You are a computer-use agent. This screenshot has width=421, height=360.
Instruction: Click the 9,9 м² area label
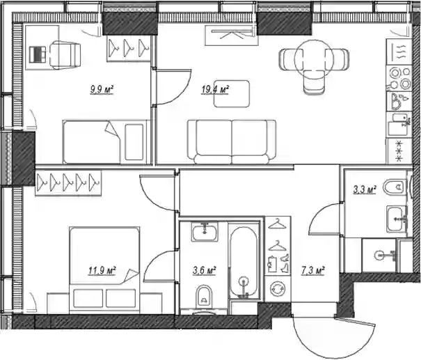102,89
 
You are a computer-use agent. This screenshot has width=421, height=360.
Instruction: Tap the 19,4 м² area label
215,89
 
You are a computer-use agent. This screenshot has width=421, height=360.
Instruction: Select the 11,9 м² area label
102,271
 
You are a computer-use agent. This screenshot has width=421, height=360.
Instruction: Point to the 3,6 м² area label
205,271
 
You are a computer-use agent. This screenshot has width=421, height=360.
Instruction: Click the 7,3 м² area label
313,271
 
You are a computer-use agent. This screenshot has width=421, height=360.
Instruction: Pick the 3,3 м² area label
365,189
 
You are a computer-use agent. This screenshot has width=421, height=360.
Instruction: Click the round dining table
314,59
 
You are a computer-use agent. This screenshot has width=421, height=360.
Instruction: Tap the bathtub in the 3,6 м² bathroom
244,262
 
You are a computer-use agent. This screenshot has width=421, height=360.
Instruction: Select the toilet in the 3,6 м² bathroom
204,297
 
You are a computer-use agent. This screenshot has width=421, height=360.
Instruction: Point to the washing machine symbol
278,289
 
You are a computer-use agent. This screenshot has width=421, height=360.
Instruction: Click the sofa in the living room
232,142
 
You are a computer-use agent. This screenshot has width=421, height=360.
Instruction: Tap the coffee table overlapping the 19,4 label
232,94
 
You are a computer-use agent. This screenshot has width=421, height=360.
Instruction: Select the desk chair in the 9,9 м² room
65,54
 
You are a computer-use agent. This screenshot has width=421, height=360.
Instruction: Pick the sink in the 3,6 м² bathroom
205,231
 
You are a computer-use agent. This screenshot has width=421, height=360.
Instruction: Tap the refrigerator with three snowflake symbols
399,151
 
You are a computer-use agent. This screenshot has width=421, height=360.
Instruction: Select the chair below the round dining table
314,81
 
